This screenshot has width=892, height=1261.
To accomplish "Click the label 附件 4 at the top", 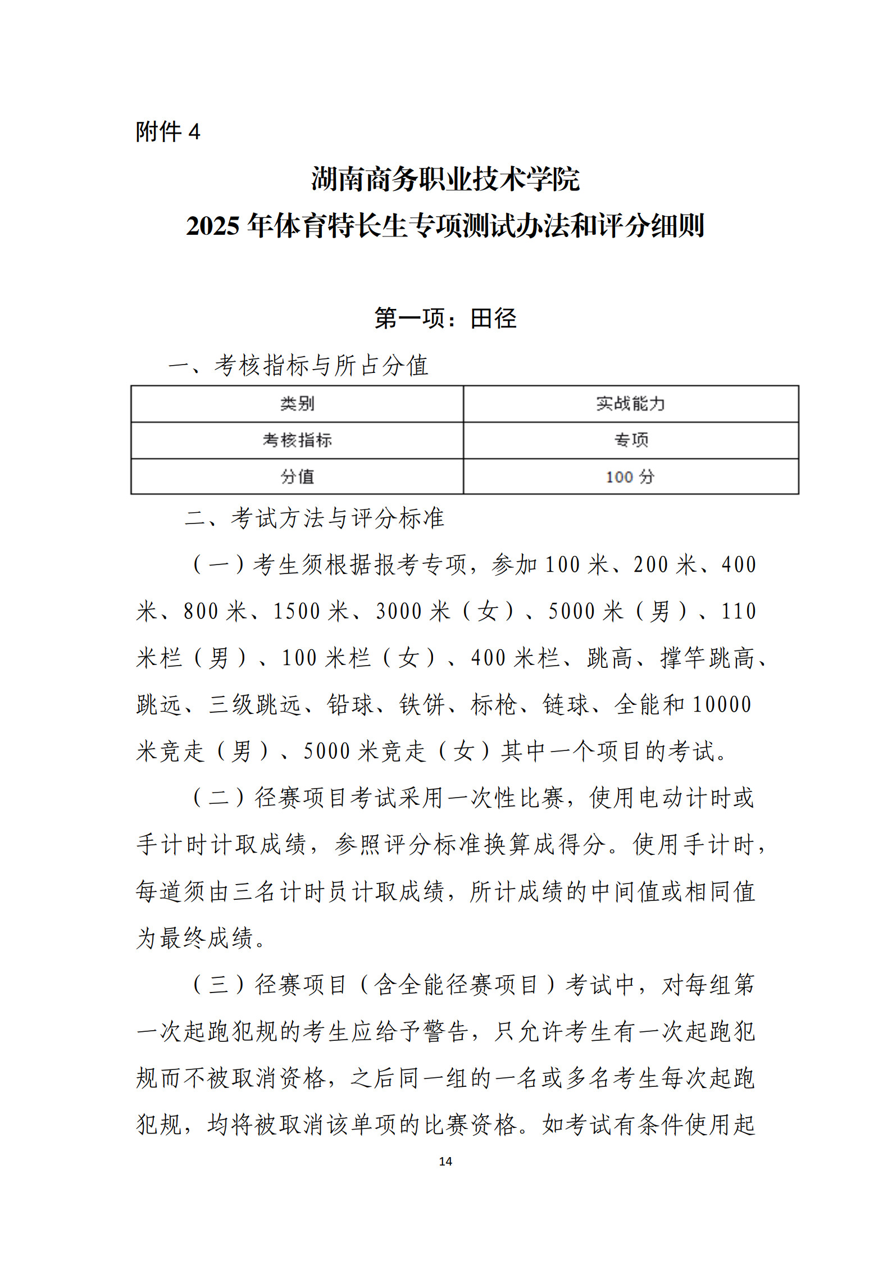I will [167, 132].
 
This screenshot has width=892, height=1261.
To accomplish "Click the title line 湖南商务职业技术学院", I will [445, 179].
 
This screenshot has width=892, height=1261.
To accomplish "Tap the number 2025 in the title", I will [213, 226].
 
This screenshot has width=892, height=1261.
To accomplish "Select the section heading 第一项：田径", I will [445, 318].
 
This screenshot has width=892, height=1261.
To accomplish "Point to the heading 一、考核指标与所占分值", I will [298, 366].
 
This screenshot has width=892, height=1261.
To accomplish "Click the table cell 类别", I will [297, 403].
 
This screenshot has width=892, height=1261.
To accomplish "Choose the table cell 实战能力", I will [630, 403].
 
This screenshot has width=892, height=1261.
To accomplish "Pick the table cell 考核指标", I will [297, 440].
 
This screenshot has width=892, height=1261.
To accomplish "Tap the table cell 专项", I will [631, 440].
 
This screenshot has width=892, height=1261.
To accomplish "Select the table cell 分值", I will [297, 477].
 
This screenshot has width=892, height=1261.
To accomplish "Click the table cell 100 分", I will [630, 477].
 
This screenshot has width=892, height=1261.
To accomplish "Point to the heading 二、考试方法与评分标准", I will [315, 518].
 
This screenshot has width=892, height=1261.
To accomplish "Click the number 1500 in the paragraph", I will [297, 611].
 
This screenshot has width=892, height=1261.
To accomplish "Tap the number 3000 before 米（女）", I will [399, 611].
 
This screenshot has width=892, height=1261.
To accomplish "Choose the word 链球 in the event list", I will [565, 704].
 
